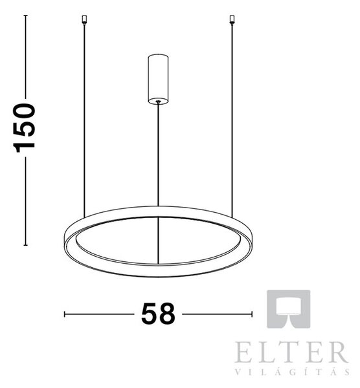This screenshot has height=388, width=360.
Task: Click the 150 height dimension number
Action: click(24, 127)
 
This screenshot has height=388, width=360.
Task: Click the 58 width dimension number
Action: click(158, 314)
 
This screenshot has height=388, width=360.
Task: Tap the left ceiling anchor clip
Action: click(84, 19)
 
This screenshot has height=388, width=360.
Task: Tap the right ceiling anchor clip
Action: click(232, 19)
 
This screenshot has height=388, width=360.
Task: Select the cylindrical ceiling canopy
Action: click(158, 79)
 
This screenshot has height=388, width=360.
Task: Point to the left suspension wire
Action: click(84, 121)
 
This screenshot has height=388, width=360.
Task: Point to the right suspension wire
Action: click(232, 121)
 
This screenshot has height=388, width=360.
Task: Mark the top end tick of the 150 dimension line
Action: click(25, 16)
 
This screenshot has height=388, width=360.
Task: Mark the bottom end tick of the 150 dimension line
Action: click(25, 245)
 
